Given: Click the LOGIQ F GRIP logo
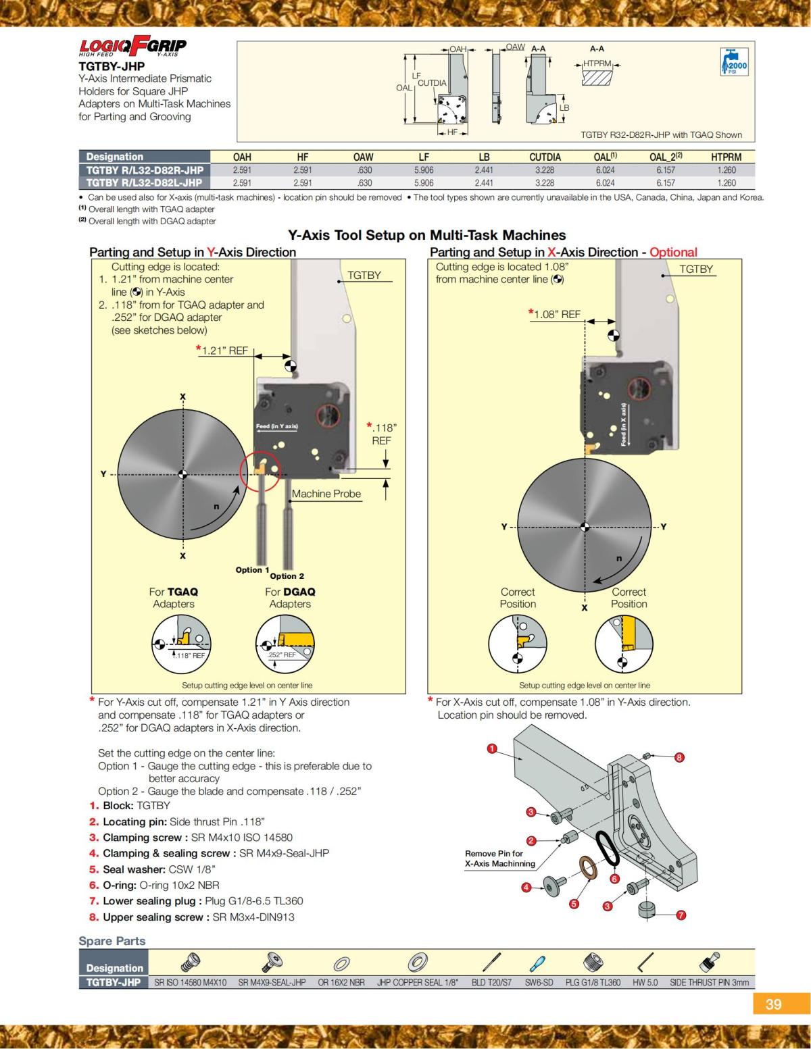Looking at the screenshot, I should pos(132,46).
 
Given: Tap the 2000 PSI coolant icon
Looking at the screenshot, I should pos(734,62).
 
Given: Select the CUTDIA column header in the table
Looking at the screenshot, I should pos(545,157).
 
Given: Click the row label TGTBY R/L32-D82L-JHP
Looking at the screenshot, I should pos(144,182).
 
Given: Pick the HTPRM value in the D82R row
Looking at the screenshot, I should pos(727,170).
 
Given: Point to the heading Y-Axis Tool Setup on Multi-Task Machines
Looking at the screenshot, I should pos(426,235).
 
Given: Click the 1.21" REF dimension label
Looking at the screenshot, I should pos(224,351).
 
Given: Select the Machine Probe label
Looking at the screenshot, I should pos(326,494).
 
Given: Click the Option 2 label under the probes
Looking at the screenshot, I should pos(287,576).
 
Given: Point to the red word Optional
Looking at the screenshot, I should pos(673,252).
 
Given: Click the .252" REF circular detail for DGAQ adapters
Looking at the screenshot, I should pos(285,645).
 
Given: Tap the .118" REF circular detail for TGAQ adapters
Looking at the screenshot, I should pos(181,645).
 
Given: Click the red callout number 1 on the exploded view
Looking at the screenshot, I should pos(492,748).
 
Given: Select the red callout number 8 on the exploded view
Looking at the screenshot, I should pos(680,757).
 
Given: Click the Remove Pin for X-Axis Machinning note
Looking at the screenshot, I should pos(499,859).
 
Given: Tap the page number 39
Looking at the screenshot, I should pos(773,1004).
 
